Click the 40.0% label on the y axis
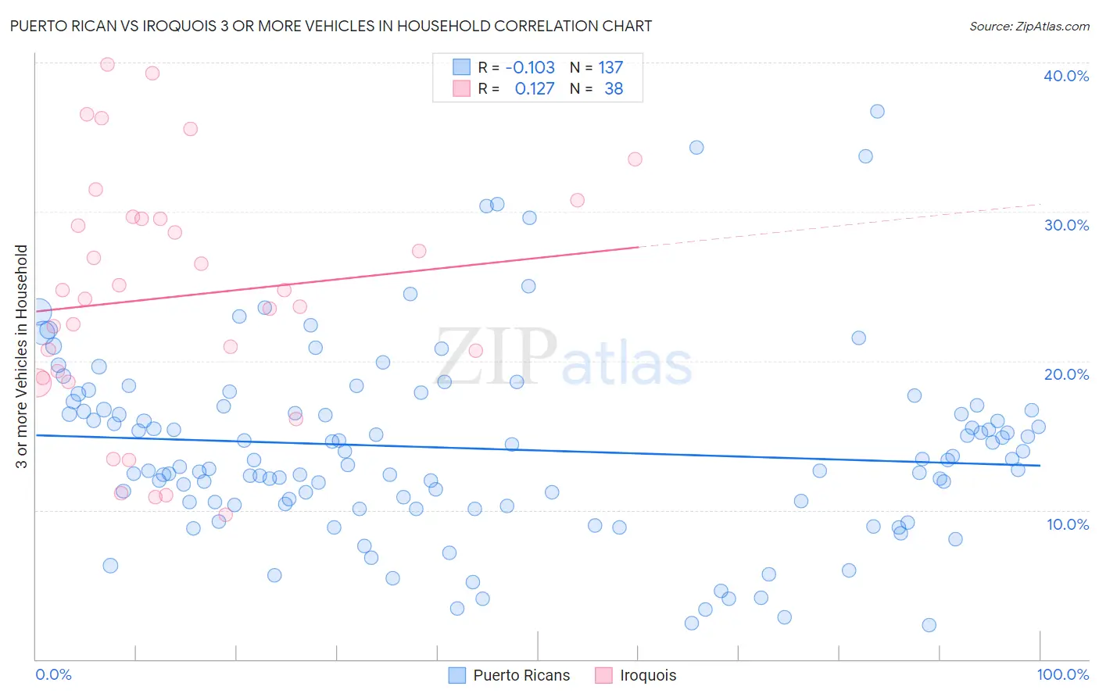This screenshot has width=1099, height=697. click(1065, 76)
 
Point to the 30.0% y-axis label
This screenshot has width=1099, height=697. click(1065, 225)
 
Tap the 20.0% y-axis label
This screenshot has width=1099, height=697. click(1065, 374)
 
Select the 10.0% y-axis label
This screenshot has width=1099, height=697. click(1067, 524)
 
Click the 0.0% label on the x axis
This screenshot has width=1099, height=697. click(53, 674)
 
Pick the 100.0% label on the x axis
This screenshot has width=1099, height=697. click(1062, 674)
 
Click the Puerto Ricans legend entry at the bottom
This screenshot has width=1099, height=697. click(521, 675)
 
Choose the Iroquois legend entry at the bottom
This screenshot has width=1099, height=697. click(647, 675)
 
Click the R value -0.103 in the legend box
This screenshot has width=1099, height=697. click(530, 68)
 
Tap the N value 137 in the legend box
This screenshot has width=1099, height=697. click(610, 68)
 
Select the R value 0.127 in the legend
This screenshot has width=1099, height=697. click(535, 89)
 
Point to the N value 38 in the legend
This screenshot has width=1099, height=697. click(614, 89)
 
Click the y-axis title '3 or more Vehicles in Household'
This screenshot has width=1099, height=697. click(22, 356)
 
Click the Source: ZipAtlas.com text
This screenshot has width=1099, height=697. click(1029, 27)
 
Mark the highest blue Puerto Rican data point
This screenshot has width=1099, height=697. click(877, 112)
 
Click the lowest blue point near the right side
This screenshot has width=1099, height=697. click(929, 625)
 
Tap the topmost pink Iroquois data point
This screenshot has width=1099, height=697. click(108, 65)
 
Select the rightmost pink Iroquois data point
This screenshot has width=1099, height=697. click(635, 159)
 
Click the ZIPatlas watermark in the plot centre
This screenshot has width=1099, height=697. click(564, 358)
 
